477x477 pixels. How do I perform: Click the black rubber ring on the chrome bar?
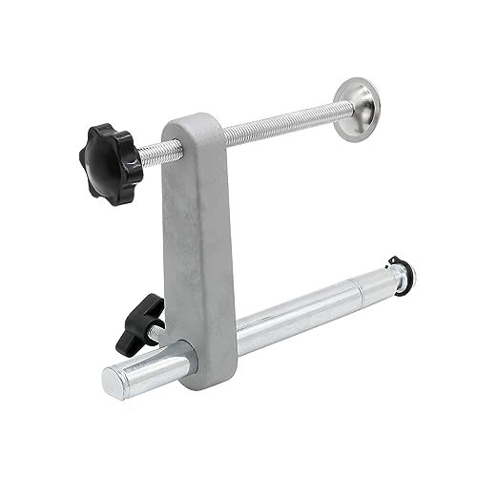[x=393, y=278]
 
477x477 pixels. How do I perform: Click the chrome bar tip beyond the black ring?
[x=405, y=274]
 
